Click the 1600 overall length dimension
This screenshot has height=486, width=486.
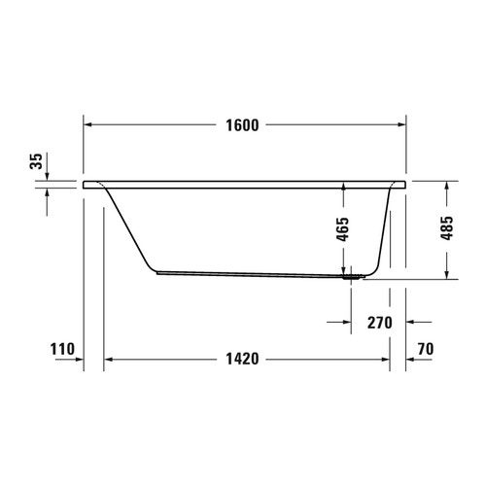(243, 126)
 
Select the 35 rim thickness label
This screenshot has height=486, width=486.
(37, 161)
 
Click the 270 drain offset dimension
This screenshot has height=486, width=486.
(379, 322)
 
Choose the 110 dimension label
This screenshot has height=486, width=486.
(60, 349)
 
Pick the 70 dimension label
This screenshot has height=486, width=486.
(424, 349)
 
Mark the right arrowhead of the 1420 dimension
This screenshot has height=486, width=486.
(386, 359)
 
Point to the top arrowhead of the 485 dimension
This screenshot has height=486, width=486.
(447, 184)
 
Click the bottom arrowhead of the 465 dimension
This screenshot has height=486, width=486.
(343, 271)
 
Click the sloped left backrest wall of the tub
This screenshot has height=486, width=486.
(128, 228)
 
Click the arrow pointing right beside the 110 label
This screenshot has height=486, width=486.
(78, 359)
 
